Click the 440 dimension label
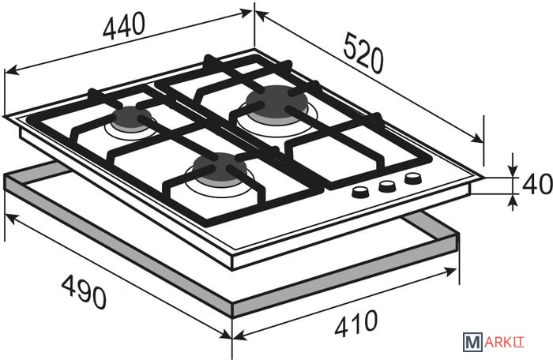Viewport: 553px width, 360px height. coord(124,25)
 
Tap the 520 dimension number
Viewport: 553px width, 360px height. coord(363,53)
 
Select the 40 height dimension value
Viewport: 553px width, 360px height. coord(537,184)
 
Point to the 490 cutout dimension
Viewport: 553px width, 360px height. coord(84,292)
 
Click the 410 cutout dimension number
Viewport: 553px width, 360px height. coord(355,323)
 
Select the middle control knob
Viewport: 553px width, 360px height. coord(387,186)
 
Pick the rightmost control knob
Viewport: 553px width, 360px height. coord(413,178)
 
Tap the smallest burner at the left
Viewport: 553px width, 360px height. coord(132,118)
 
